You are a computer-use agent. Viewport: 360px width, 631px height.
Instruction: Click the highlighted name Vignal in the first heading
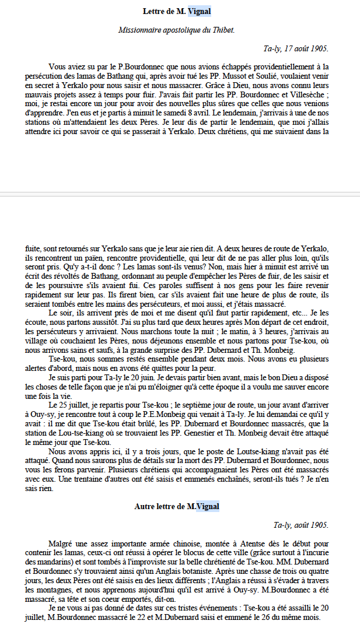[200, 11]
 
